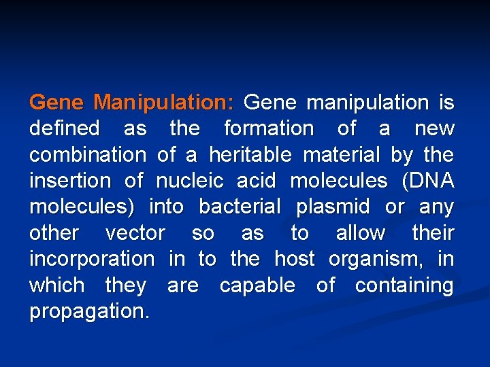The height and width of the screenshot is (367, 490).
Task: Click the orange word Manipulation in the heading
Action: click(164, 103)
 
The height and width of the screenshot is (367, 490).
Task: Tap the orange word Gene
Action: click(56, 103)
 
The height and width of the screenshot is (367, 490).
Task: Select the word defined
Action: click(65, 128)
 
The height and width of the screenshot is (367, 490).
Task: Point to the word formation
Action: click(269, 128)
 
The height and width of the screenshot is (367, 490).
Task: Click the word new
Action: click(434, 128)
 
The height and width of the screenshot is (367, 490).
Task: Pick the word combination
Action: click(87, 155)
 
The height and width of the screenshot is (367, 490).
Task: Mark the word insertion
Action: click(69, 181)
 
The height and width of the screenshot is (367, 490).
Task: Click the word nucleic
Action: click(190, 181)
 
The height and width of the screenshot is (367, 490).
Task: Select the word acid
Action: click(256, 181)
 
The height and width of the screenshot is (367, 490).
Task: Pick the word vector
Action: click(135, 233)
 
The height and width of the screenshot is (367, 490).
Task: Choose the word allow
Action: click(360, 233)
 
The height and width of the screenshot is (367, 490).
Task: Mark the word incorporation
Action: click(92, 259)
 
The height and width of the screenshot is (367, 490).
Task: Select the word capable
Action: click(257, 285)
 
